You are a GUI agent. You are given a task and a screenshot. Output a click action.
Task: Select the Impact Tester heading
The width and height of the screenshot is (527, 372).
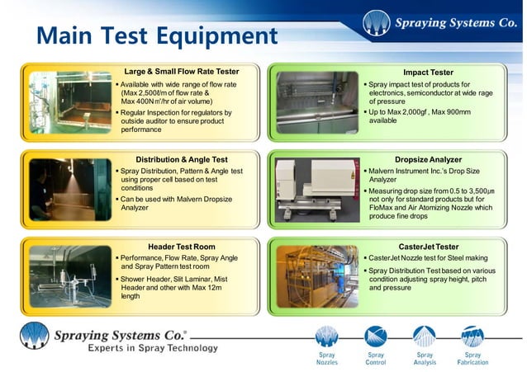(x=427, y=73)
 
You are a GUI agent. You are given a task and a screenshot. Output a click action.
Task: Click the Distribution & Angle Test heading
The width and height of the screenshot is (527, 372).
(x=181, y=159)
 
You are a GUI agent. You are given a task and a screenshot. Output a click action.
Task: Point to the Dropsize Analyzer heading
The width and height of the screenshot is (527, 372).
(x=428, y=159)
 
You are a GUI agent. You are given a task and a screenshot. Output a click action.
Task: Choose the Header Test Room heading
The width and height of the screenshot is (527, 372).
(x=181, y=246)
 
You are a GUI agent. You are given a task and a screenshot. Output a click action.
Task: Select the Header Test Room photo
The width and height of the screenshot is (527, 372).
(x=67, y=275)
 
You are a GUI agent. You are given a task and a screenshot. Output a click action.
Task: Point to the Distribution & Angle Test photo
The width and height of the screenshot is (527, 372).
(x=67, y=189)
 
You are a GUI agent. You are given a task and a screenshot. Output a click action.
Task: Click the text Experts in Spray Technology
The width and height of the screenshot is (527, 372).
(x=141, y=349)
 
